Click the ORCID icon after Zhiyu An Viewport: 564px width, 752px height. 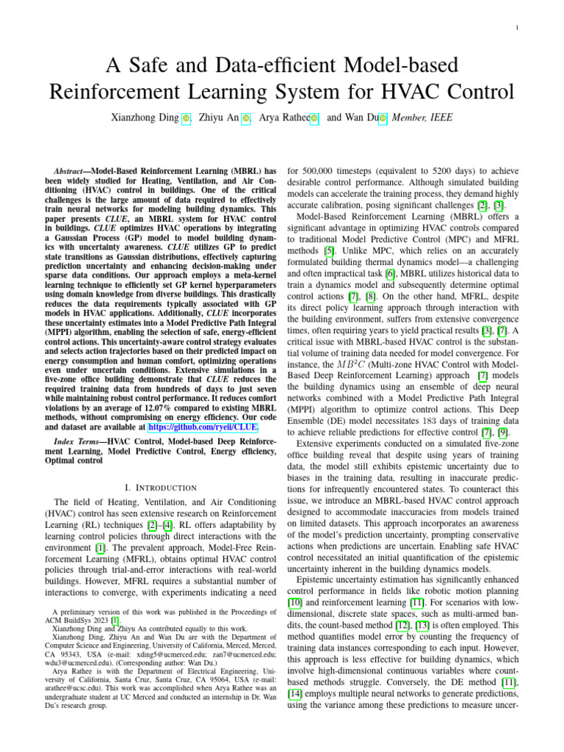(246, 117)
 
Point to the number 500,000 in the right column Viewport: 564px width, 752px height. (319, 168)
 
